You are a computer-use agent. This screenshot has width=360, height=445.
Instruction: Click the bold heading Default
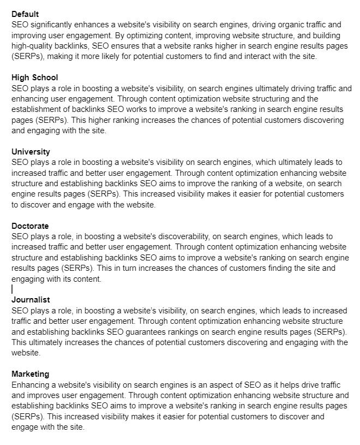point(25,14)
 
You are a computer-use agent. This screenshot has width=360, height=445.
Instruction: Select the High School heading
point(34,78)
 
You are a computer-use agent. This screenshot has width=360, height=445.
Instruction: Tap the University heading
point(31,152)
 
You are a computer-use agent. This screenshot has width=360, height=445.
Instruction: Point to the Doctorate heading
point(30,226)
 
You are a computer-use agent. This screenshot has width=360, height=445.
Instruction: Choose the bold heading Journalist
point(31,300)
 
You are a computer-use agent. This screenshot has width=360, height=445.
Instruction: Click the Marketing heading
point(31,374)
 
